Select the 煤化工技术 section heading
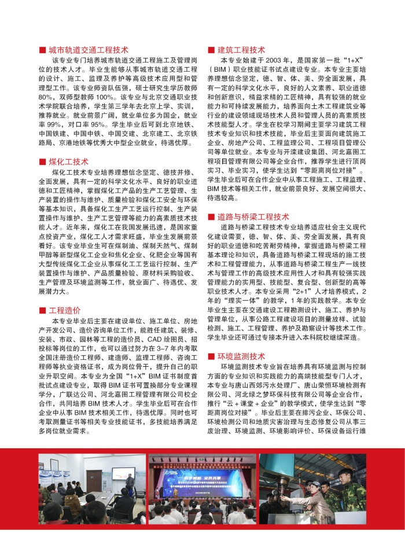click(x=69, y=162)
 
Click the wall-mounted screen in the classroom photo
click(x=123, y=474)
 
